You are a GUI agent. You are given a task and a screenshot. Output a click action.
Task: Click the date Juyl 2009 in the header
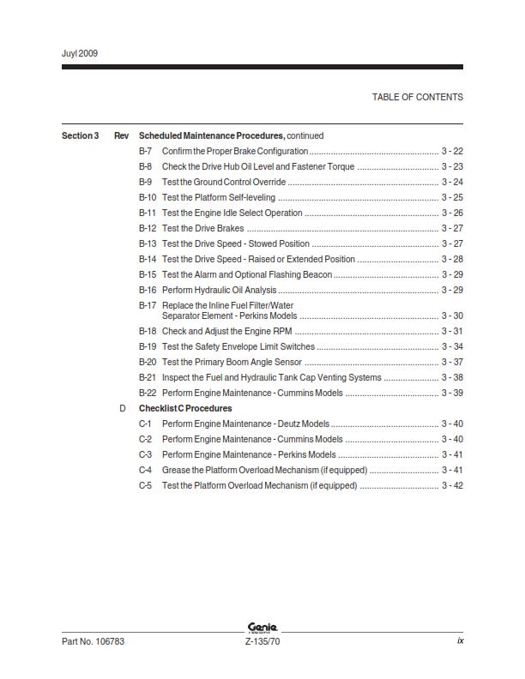pyautogui.click(x=80, y=53)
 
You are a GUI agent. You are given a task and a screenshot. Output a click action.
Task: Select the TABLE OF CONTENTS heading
pyautogui.click(x=417, y=97)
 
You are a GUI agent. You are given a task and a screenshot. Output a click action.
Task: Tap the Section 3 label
pyautogui.click(x=80, y=135)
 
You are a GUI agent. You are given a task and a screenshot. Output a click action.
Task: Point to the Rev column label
pyautogui.click(x=122, y=135)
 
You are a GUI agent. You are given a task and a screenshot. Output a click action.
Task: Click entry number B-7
pyautogui.click(x=146, y=151)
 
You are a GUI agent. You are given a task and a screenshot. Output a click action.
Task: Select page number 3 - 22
pyautogui.click(x=452, y=151)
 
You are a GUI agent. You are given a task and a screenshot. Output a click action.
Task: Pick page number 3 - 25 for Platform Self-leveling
pyautogui.click(x=452, y=197)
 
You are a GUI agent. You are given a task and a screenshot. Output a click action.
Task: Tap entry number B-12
pyautogui.click(x=148, y=228)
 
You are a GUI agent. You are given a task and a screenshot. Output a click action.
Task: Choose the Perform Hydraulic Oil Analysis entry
pyautogui.click(x=219, y=290)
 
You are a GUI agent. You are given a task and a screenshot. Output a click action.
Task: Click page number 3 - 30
pyautogui.click(x=452, y=315)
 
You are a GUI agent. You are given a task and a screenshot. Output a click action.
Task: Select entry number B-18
pyautogui.click(x=148, y=331)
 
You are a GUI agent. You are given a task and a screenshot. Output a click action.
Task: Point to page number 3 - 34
pyautogui.click(x=452, y=346)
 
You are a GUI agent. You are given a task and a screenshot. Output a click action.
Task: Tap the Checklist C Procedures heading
pyautogui.click(x=185, y=408)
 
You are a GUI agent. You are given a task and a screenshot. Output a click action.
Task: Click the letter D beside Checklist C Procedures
pyautogui.click(x=123, y=408)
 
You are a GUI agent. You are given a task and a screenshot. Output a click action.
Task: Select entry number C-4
pyautogui.click(x=146, y=470)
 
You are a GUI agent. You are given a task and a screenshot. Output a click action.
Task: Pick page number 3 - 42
pyautogui.click(x=452, y=485)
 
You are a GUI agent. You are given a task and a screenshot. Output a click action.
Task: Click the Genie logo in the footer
pyautogui.click(x=262, y=628)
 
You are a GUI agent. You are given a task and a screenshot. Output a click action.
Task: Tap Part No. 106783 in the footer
pyautogui.click(x=94, y=641)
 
